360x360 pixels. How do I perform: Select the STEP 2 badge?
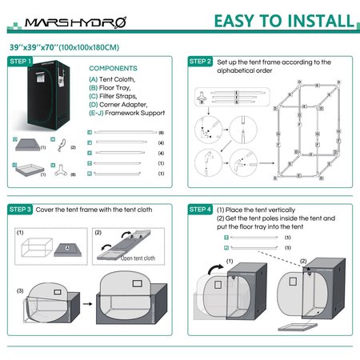(x=200, y=62)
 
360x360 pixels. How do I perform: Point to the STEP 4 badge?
(x=200, y=210)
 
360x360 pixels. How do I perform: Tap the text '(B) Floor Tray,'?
(x=113, y=89)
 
